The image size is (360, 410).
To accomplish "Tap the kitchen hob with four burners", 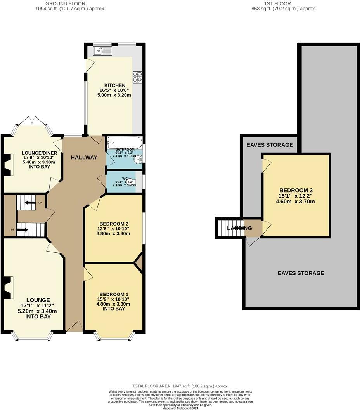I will point(137,77).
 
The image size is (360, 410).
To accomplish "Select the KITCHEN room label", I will point(114,85).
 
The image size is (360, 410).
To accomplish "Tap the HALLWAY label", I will point(84,157).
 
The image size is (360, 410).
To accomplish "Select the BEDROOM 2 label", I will point(114,224).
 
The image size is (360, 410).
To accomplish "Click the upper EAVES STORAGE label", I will point(270,145).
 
